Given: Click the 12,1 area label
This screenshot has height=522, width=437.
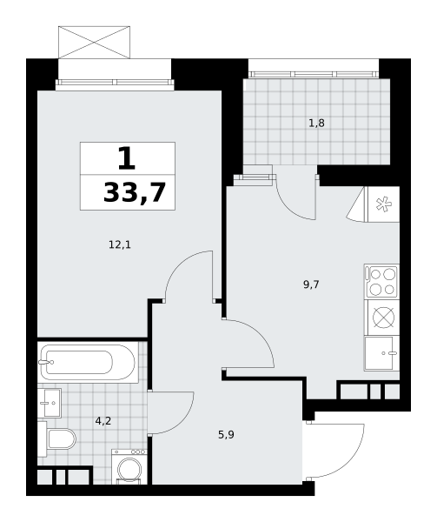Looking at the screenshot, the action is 120,245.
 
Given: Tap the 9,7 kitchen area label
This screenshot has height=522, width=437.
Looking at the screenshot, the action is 311,284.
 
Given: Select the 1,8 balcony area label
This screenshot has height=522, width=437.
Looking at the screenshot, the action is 316,124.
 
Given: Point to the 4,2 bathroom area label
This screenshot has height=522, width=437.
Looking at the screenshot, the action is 103,421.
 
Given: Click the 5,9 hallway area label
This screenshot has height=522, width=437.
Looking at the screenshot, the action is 226,434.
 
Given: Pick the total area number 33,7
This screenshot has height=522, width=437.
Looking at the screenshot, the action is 135,193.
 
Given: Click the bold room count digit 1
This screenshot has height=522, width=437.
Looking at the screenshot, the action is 127,158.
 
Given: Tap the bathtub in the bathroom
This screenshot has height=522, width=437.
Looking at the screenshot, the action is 88,362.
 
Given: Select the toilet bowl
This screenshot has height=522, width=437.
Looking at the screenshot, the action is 62,438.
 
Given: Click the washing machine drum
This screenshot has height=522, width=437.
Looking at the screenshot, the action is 129,470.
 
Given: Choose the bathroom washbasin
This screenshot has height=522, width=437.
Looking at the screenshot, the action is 50,403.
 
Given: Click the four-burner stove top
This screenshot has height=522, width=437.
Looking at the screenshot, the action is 382,282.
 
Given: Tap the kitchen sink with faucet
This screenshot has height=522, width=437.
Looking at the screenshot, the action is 382,353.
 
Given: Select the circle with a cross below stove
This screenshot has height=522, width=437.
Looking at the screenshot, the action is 383,318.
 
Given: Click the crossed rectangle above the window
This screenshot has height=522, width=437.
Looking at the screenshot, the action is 94,43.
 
